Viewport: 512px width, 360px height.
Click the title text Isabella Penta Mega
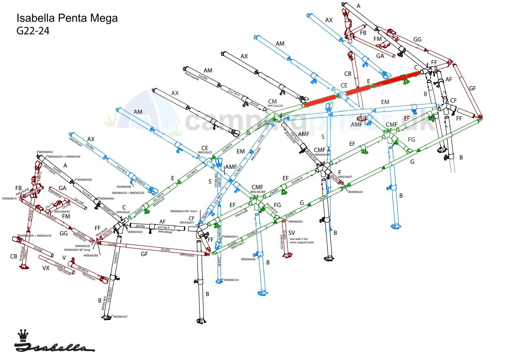67,18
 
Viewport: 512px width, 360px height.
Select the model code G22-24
33,31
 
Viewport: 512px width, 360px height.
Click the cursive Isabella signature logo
54,347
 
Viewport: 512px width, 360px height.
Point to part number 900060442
46,152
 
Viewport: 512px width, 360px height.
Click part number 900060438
85,179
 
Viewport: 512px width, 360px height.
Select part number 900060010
9,199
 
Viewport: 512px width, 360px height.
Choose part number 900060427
120,316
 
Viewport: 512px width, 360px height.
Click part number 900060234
231,280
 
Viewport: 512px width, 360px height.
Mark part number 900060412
231,236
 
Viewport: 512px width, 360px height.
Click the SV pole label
292,232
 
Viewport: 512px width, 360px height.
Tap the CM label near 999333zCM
272,101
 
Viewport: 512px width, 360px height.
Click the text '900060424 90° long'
80,250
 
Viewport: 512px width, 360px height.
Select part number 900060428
83,246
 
